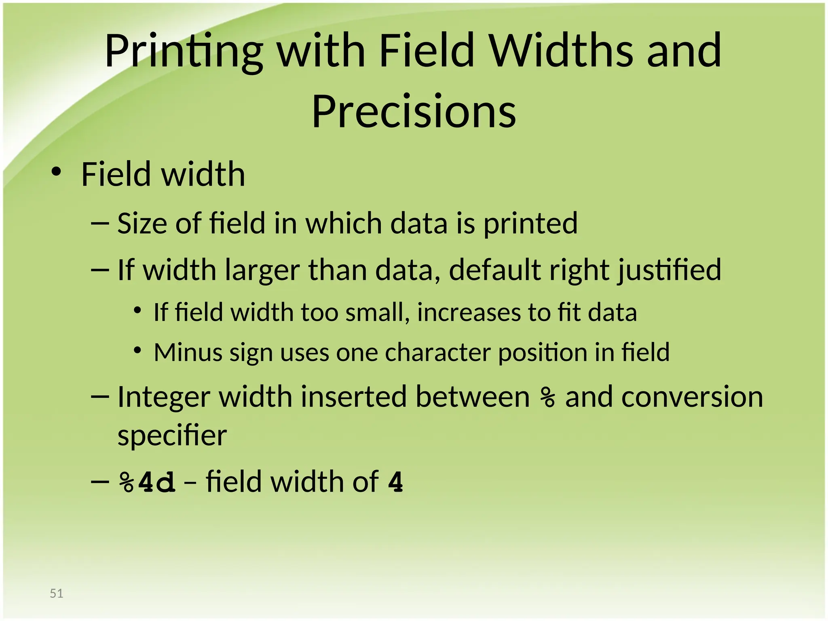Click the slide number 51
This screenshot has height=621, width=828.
coord(57,593)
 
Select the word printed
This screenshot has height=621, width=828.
coord(530,224)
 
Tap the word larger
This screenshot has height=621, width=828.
coord(262,270)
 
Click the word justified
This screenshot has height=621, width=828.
coord(670,270)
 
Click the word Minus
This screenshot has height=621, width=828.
coord(188,352)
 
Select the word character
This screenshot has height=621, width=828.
coord(438,352)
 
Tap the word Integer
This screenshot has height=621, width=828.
coord(164,397)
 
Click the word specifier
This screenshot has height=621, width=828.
coord(172,436)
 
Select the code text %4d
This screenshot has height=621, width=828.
coord(148,482)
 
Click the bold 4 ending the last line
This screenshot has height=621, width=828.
coord(395,482)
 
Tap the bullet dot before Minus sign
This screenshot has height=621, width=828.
coord(138,350)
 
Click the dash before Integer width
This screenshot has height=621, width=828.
coord(100,397)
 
